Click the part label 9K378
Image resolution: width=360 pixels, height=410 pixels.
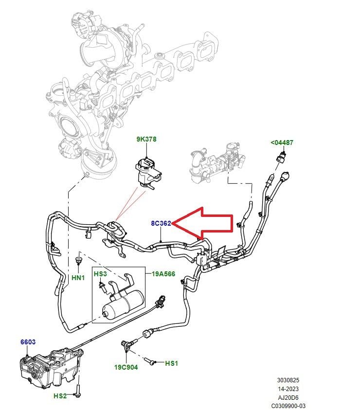[146, 139]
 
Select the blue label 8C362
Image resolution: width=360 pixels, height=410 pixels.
[161, 223]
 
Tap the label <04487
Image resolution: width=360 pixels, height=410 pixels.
[282, 143]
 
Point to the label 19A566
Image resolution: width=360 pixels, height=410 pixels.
[163, 274]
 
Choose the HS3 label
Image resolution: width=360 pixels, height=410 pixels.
[100, 274]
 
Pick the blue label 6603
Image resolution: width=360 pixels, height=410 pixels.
[28, 342]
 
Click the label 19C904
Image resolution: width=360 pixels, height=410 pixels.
[126, 367]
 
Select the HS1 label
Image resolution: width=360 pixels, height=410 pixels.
[172, 363]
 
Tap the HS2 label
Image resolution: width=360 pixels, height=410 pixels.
[60, 396]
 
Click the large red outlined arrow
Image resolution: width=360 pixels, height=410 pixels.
[204, 223]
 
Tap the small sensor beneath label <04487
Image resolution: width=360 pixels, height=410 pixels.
[283, 157]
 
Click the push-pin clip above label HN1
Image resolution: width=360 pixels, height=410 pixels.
[78, 262]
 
